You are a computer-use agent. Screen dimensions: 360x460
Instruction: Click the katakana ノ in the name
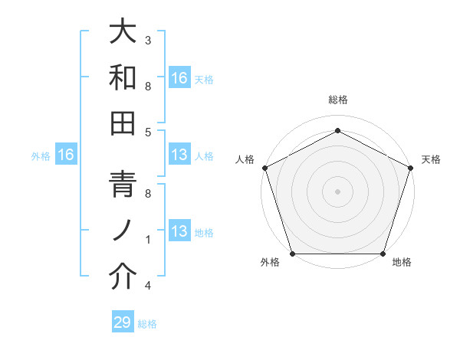click(123, 231)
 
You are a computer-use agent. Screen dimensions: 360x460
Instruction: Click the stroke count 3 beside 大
click(148, 39)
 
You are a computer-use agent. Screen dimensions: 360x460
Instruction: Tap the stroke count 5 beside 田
click(148, 132)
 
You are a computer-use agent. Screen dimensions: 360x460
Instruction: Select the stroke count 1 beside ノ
click(148, 240)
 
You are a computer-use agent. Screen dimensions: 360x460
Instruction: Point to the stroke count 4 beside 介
click(148, 286)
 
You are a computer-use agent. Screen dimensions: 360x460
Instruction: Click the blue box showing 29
click(123, 322)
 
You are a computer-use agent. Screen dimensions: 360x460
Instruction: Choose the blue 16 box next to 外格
click(66, 155)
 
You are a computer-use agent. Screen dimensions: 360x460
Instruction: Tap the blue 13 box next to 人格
click(179, 155)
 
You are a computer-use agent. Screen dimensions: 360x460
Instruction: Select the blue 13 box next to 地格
click(179, 232)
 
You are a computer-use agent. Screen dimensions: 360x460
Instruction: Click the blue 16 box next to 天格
click(179, 77)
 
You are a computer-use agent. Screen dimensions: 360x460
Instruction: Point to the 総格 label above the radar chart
click(337, 100)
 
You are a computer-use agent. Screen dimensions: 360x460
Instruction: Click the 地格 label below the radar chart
click(402, 263)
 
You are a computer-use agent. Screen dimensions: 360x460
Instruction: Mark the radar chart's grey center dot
click(337, 191)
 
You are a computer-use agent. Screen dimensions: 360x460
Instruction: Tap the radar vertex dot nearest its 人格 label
click(265, 168)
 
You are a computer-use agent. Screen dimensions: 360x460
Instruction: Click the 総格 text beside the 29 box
click(147, 324)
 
